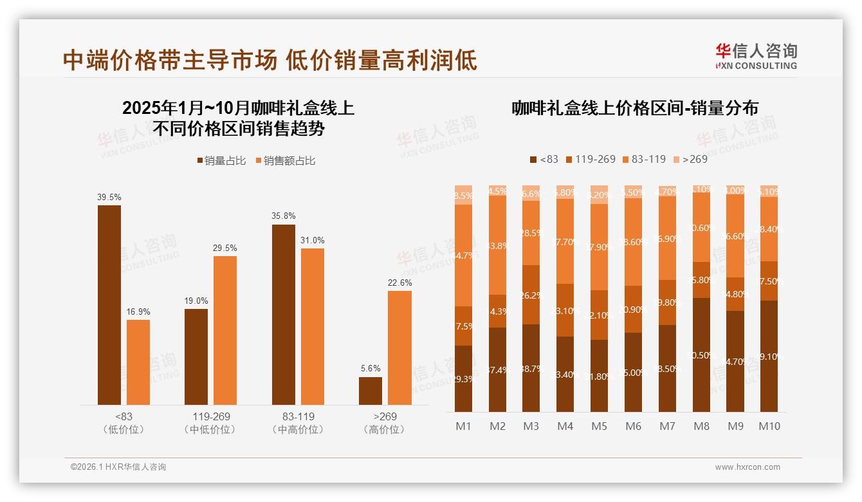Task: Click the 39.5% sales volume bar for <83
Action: pos(109,305)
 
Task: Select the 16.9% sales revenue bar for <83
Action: pos(138,362)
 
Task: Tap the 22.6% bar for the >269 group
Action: pos(399,348)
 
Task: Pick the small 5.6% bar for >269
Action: pos(371,391)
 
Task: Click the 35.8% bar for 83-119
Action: pos(284,315)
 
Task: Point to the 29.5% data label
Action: pos(225,248)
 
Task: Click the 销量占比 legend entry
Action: pos(221,161)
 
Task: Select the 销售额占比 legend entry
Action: pos(286,161)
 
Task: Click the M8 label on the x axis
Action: pos(702,426)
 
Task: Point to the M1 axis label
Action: pos(463,426)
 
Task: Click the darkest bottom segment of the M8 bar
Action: pos(702,355)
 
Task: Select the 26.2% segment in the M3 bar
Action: pos(531,295)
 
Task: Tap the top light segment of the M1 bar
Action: pos(463,195)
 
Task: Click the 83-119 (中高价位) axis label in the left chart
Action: pos(298,423)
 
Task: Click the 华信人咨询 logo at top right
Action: pos(756,56)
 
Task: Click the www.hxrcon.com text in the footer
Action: pos(747,467)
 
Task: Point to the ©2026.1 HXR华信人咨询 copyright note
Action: pos(118,467)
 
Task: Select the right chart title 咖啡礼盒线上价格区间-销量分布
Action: pos(635,108)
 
